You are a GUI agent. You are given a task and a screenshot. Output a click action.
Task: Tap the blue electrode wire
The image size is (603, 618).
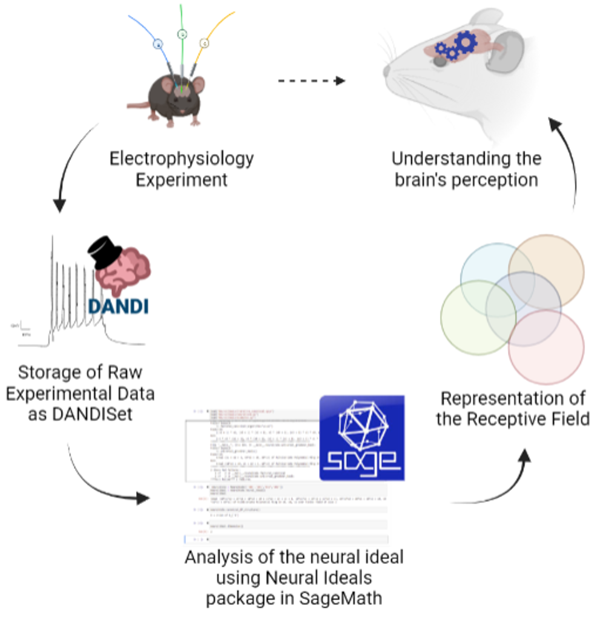coord(143,30)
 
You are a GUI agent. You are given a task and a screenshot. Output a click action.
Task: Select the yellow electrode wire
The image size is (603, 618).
coord(212,30)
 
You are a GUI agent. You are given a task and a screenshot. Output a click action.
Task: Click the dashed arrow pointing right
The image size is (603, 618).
coord(311,80)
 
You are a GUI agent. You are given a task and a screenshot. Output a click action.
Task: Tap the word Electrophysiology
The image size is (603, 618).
coord(182,159)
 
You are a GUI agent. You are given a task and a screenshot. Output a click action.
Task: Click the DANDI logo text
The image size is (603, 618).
coord(118,305)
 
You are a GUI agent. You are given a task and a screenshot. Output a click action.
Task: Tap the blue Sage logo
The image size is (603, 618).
coord(361,438)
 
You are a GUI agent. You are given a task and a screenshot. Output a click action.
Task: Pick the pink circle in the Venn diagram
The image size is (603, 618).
coord(548,351)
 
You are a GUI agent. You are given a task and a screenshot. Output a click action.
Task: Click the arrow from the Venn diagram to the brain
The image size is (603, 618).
coord(566,157)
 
